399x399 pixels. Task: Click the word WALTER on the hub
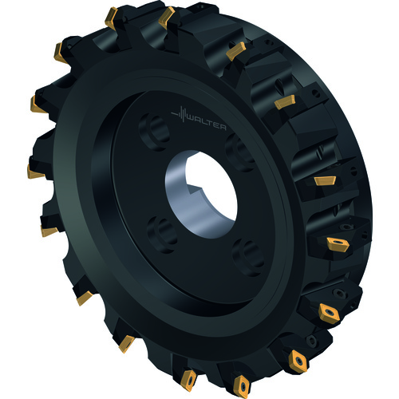[x=207, y=124]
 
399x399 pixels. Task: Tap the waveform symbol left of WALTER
[x=180, y=114]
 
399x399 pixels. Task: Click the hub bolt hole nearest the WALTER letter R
[x=240, y=152]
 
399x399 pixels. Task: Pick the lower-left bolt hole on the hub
[x=162, y=234]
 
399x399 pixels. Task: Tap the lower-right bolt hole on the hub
[x=248, y=257]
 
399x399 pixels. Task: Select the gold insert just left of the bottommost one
[x=188, y=380]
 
